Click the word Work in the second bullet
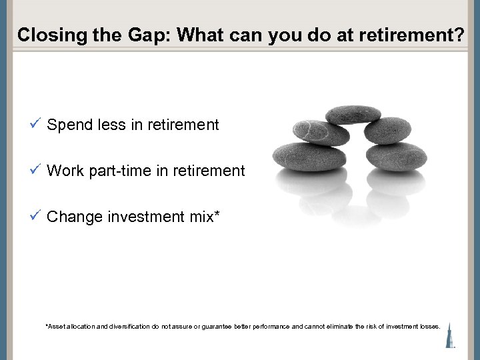(x=65, y=171)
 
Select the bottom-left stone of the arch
(x=301, y=155)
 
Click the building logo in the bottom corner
(x=451, y=333)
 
